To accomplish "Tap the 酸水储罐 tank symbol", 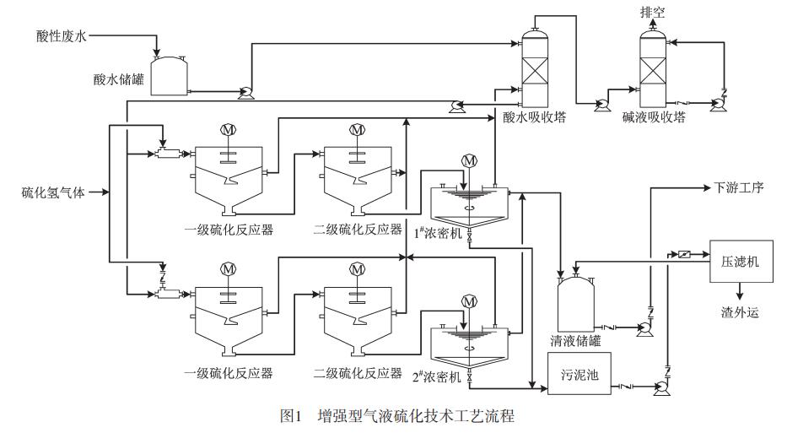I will click(170, 74).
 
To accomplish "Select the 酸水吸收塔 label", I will click(534, 118).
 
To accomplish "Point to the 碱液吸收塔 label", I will click(655, 118).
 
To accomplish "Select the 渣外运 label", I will click(741, 312).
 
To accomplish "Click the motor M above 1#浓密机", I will click(470, 160).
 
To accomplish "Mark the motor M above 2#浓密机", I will click(470, 301).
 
